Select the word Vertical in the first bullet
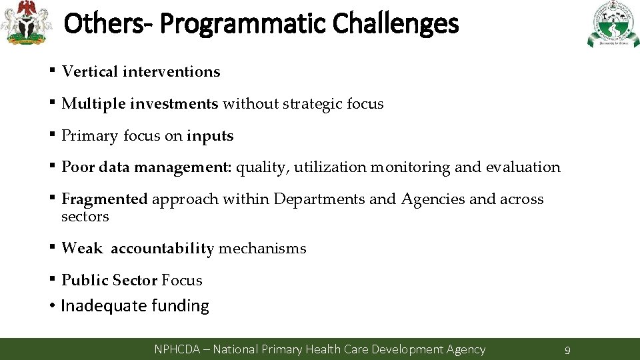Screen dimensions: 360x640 point(89,71)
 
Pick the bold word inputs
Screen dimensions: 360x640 point(210,136)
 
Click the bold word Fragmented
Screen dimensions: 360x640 point(104,199)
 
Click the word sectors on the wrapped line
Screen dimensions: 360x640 point(85,217)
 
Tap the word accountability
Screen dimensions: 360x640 point(162,249)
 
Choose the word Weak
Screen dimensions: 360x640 point(81,249)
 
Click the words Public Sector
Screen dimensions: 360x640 point(109,281)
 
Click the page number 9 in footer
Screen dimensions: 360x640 point(567,350)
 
